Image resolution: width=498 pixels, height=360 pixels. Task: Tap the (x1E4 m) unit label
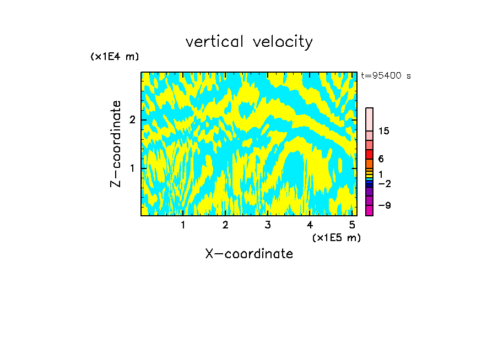pyautogui.click(x=115, y=57)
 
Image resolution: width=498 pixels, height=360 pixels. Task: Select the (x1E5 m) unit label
pyautogui.click(x=336, y=237)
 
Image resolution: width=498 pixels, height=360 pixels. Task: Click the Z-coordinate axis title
pyautogui.click(x=116, y=144)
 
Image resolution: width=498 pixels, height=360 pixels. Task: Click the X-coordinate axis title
pyautogui.click(x=249, y=254)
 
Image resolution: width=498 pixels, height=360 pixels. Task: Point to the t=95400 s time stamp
pyautogui.click(x=386, y=76)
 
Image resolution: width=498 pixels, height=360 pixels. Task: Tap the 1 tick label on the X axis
pyautogui.click(x=183, y=225)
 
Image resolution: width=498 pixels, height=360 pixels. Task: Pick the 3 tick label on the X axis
pyautogui.click(x=268, y=225)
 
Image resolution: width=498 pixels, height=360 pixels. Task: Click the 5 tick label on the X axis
pyautogui.click(x=352, y=225)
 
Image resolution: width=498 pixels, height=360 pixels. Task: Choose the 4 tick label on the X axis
pyautogui.click(x=310, y=225)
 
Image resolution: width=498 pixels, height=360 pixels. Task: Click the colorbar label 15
pyautogui.click(x=384, y=131)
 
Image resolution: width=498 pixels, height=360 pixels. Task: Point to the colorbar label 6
pyautogui.click(x=381, y=159)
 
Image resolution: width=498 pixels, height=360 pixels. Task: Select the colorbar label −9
pyautogui.click(x=384, y=205)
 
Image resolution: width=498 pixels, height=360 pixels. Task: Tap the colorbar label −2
pyautogui.click(x=384, y=183)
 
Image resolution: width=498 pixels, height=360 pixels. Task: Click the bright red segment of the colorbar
pyautogui.click(x=369, y=155)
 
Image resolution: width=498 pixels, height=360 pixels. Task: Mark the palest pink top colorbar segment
pyautogui.click(x=369, y=119)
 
